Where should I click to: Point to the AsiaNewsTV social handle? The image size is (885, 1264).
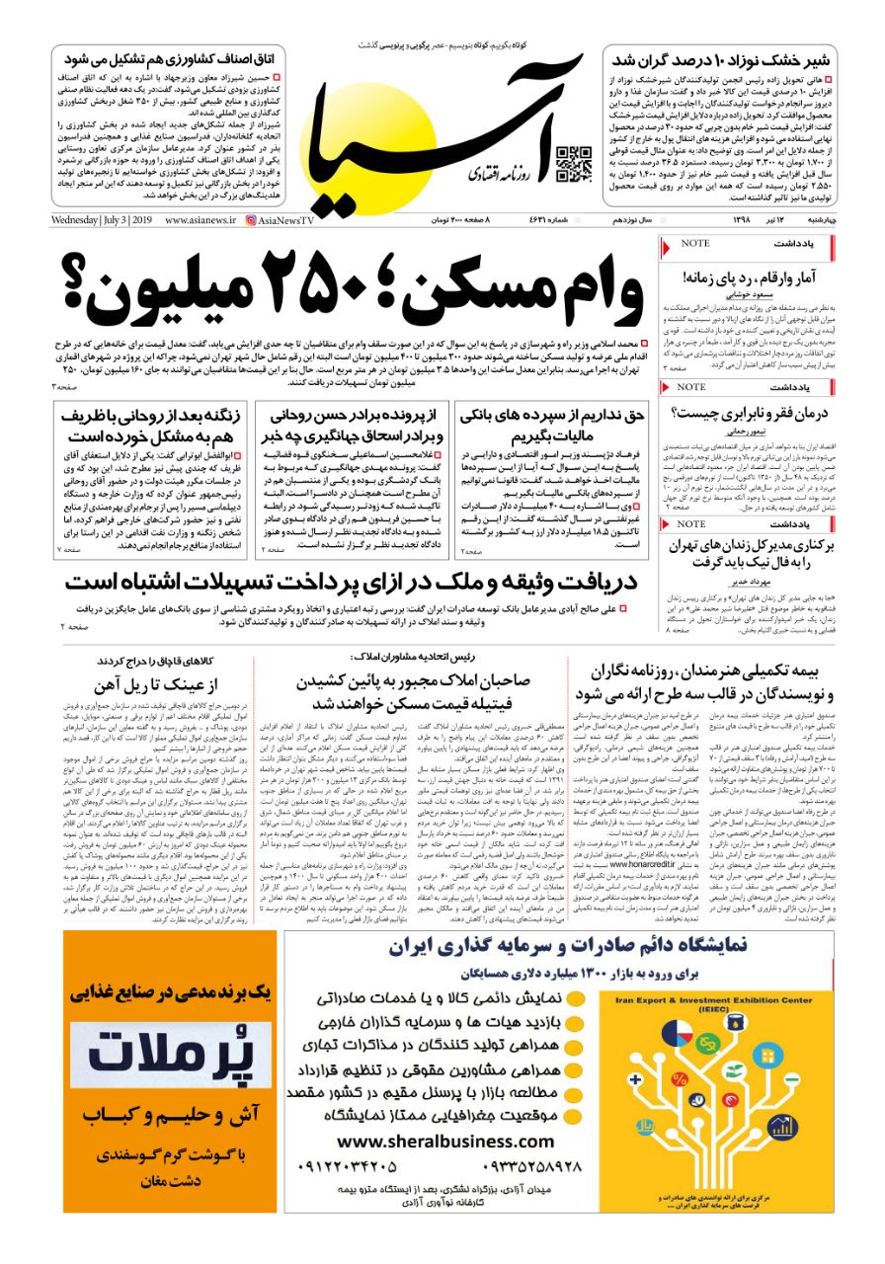point(280,219)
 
